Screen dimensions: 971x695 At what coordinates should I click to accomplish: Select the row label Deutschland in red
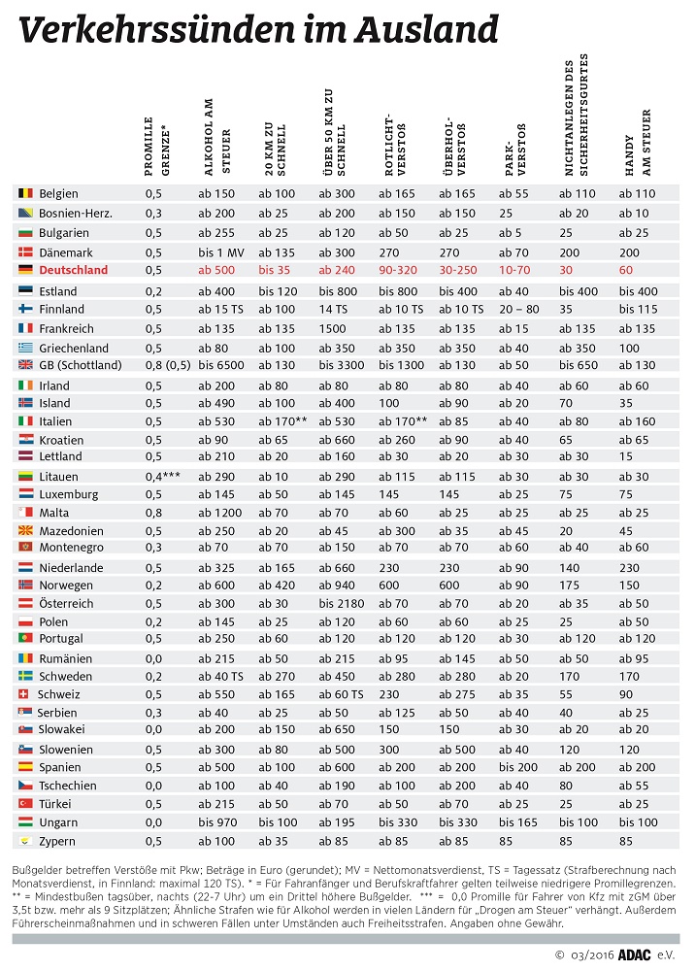[x=73, y=270]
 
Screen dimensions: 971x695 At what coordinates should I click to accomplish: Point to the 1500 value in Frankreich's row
[x=334, y=328]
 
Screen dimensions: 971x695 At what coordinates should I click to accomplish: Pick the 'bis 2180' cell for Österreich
[x=342, y=603]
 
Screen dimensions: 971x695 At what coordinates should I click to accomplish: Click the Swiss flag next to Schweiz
[x=24, y=694]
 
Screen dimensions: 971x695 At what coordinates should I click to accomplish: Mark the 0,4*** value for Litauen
[x=163, y=475]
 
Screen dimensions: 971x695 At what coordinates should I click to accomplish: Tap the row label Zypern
[x=56, y=841]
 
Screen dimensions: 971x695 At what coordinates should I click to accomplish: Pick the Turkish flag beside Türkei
[x=24, y=804]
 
